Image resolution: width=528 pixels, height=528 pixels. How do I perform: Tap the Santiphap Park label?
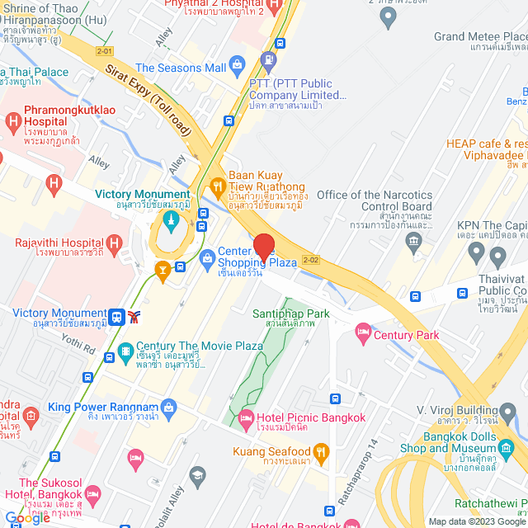pos(291,313)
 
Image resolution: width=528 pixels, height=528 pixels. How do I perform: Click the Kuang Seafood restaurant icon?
pos(322,451)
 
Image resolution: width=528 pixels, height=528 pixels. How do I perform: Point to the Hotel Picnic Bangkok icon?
pos(246,419)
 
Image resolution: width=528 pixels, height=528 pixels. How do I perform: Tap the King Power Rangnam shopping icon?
pos(169,407)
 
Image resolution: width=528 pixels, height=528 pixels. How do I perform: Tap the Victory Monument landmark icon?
pos(169,219)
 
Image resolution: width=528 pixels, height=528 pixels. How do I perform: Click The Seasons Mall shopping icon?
pos(237,64)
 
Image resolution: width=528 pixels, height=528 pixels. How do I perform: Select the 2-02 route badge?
pos(311,259)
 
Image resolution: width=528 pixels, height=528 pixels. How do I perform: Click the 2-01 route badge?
pos(104,50)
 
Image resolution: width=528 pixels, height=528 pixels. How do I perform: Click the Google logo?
pos(28,517)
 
